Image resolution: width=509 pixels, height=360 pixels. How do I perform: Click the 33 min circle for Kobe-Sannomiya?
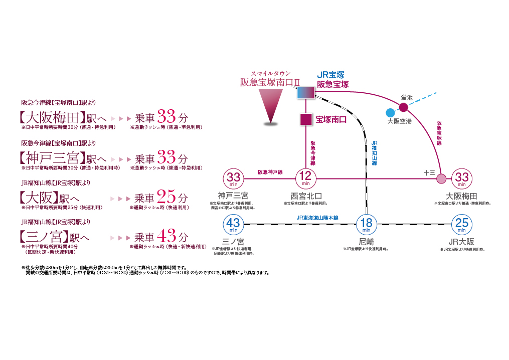pyautogui.click(x=233, y=178)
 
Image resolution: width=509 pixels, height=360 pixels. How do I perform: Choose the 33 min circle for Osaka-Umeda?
pyautogui.click(x=461, y=178)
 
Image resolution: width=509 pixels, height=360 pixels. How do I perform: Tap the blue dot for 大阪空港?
pyautogui.click(x=390, y=112)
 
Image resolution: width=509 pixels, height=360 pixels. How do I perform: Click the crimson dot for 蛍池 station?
pyautogui.click(x=404, y=106)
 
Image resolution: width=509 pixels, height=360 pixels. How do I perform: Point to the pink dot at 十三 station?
pyautogui.click(x=441, y=178)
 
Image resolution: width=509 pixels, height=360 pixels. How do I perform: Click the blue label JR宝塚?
pyautogui.click(x=330, y=75)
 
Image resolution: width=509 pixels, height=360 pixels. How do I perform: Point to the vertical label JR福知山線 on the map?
pyautogui.click(x=374, y=153)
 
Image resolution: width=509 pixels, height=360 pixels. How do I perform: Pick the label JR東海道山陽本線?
pyautogui.click(x=317, y=218)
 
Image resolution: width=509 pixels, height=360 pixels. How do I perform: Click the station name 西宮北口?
pyautogui.click(x=306, y=195)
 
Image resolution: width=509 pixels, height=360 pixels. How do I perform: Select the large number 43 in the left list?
pyautogui.click(x=166, y=236)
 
